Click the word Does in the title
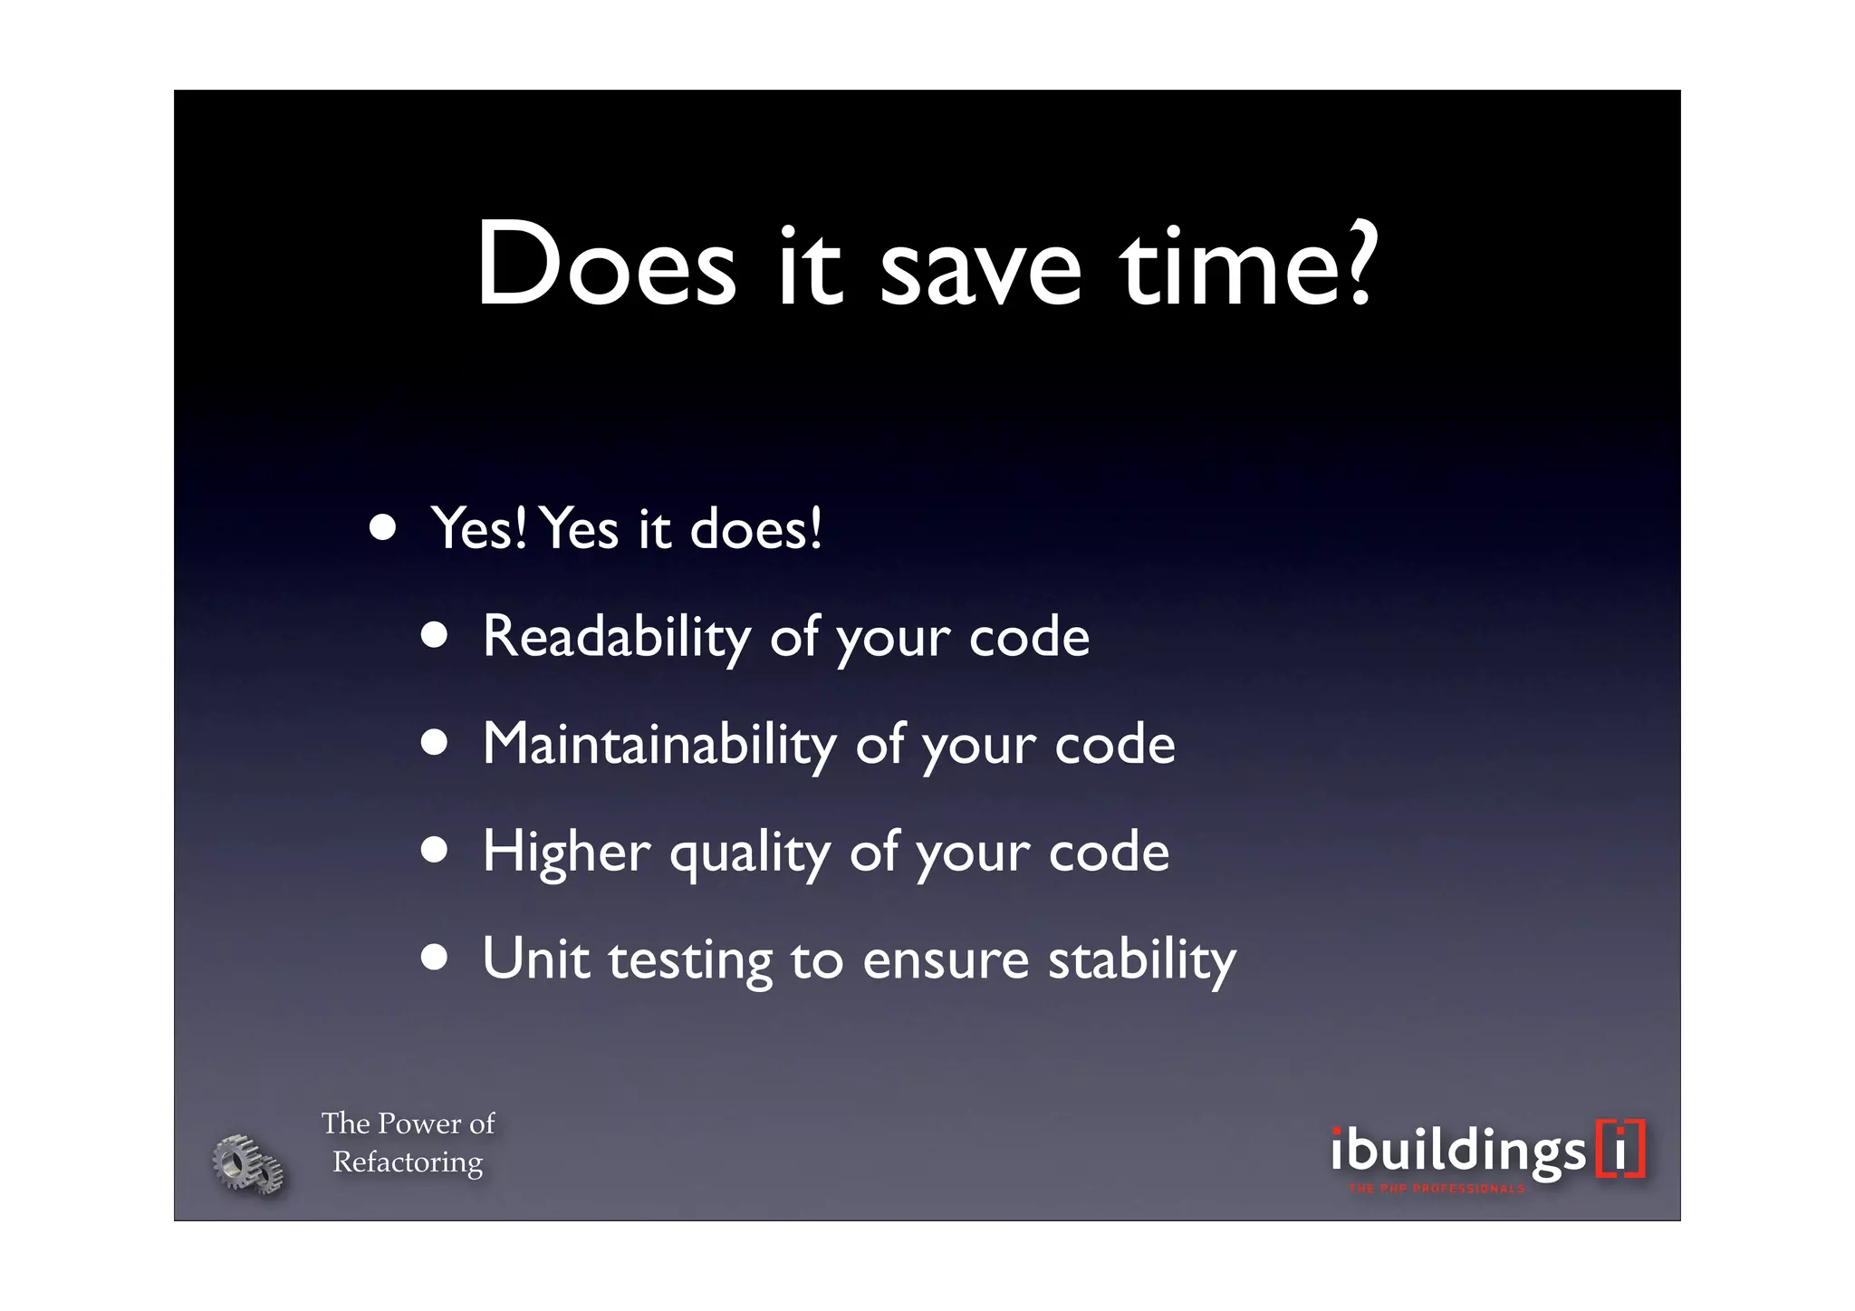point(606,265)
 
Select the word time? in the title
point(1250,265)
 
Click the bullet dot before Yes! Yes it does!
point(383,527)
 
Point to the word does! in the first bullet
point(756,528)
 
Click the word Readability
point(616,637)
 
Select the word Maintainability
point(658,745)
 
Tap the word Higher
point(566,852)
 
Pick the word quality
point(749,854)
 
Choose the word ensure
point(946,960)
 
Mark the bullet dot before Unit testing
point(435,959)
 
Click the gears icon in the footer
point(247,1163)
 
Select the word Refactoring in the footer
point(408,1162)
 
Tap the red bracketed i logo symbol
point(1620,1149)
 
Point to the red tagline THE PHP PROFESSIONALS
point(1437,1189)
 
